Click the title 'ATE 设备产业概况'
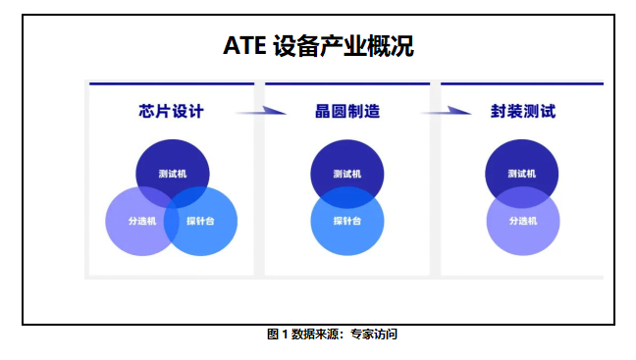point(317,46)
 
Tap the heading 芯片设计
point(172,111)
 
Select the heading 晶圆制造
point(347,111)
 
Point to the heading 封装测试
point(523,111)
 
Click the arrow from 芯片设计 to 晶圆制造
point(259,111)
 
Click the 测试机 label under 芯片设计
point(173,175)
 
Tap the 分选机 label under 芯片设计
point(141,221)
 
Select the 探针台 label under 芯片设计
point(200,221)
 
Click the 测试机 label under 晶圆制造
point(347,175)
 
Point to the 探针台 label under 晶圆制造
point(347,221)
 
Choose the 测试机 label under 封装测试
point(522,175)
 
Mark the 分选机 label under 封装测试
point(522,221)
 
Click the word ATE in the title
point(244,46)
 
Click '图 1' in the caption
point(277,334)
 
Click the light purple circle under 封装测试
point(522,233)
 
